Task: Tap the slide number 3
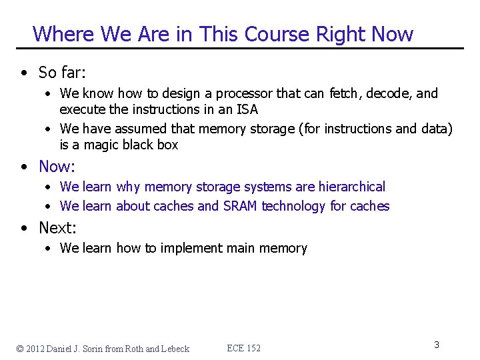pyautogui.click(x=436, y=345)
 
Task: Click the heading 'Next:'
pyautogui.click(x=57, y=227)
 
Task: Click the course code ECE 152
pyautogui.click(x=243, y=348)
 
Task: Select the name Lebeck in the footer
pyautogui.click(x=175, y=348)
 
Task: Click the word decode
pyautogui.click(x=390, y=93)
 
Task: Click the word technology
pyautogui.click(x=294, y=206)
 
